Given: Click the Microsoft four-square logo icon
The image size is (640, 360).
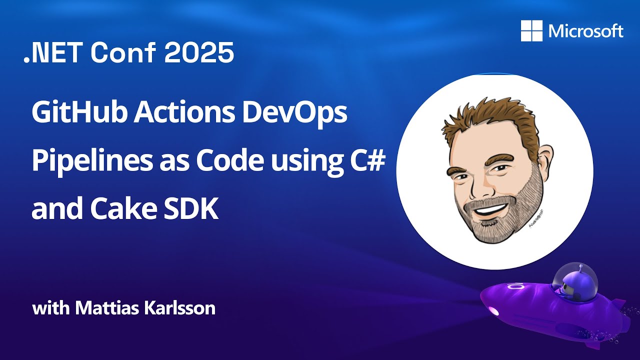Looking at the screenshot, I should [531, 31].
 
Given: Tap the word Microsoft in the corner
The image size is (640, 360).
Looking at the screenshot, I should [585, 31].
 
